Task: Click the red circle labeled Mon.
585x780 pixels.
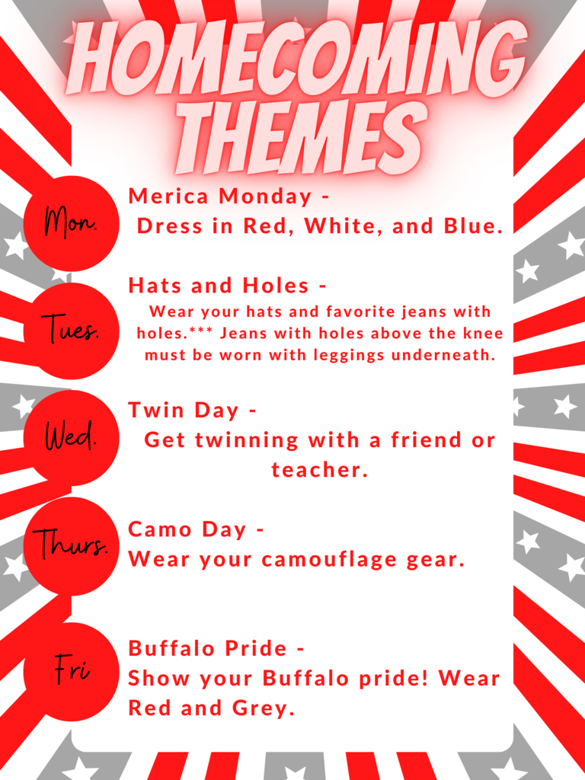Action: tap(71, 224)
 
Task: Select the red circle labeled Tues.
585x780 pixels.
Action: tap(71, 331)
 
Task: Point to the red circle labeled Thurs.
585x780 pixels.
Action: tap(71, 545)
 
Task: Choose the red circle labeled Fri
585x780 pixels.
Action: tap(71, 672)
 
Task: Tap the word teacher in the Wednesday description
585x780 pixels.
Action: tap(319, 470)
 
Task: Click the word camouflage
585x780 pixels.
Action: tap(328, 560)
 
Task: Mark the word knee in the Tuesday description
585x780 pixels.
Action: tap(482, 334)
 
